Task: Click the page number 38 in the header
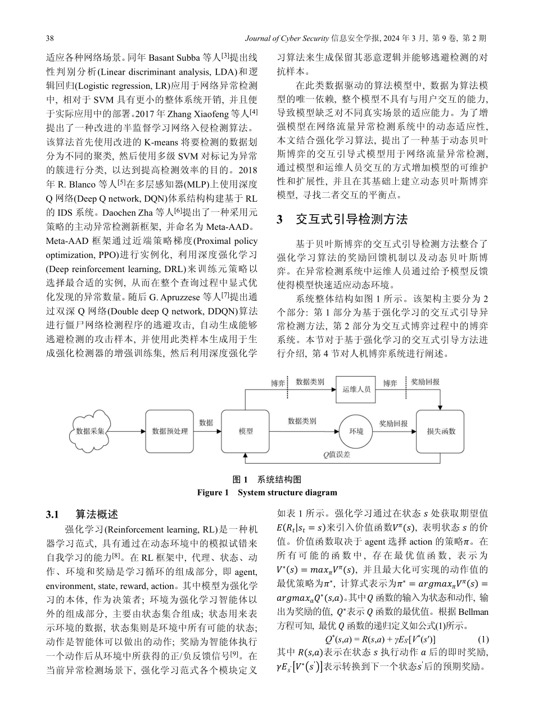49,38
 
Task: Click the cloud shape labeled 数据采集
91,431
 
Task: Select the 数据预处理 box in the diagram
170,431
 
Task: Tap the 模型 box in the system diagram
245,431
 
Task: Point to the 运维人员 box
356,389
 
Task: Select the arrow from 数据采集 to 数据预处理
128,431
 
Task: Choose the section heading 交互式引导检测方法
351,219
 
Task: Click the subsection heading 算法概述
97,514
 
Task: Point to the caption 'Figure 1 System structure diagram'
266,493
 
